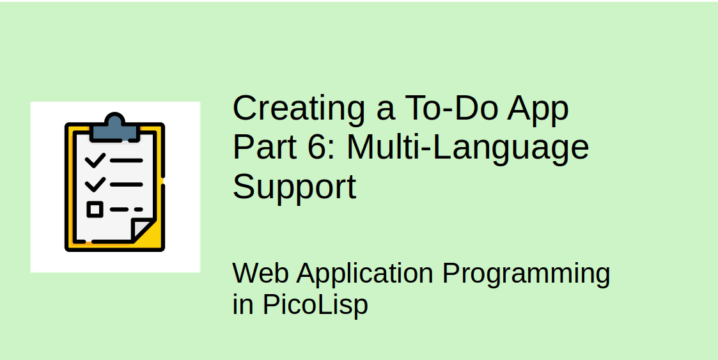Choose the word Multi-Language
pyautogui.click(x=467, y=149)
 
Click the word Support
pyautogui.click(x=294, y=188)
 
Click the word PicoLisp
pyautogui.click(x=315, y=305)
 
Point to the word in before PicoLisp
pyautogui.click(x=243, y=305)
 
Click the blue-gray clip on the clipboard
pyautogui.click(x=114, y=129)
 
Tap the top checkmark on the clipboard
pyautogui.click(x=95, y=160)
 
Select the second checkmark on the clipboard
pyautogui.click(x=95, y=184)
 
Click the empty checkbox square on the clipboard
pyautogui.click(x=95, y=209)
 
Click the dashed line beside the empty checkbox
pyautogui.click(x=127, y=209)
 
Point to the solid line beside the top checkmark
pyautogui.click(x=126, y=160)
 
